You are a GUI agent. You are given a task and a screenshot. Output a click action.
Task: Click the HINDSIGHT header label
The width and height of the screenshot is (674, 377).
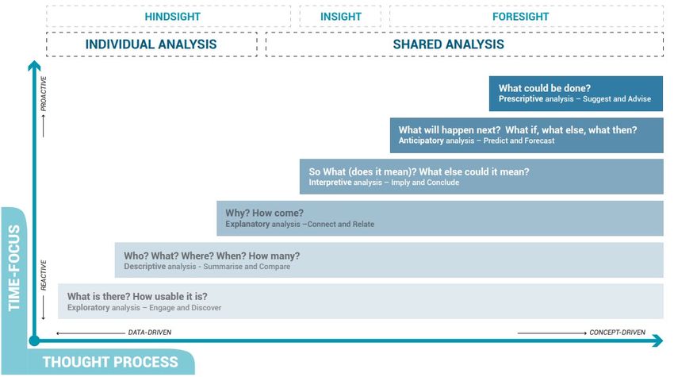pyautogui.click(x=172, y=17)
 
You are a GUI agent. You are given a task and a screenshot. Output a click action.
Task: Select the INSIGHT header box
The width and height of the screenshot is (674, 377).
pyautogui.click(x=340, y=17)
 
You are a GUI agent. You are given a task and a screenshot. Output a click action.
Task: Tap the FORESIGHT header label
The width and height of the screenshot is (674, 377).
pyautogui.click(x=520, y=17)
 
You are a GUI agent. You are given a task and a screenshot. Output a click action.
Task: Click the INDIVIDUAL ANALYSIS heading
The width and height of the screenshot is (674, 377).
pyautogui.click(x=151, y=44)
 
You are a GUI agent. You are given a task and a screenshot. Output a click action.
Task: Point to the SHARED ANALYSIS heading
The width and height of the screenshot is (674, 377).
pyautogui.click(x=448, y=44)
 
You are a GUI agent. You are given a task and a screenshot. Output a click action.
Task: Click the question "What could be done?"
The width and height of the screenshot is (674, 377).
pyautogui.click(x=545, y=88)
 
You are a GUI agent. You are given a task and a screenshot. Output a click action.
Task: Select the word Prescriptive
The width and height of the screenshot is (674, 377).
pyautogui.click(x=521, y=99)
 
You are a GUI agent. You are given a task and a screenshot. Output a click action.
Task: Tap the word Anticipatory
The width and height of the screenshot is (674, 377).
pyautogui.click(x=421, y=140)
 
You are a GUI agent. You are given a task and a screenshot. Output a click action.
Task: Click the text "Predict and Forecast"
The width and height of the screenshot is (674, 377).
pyautogui.click(x=519, y=140)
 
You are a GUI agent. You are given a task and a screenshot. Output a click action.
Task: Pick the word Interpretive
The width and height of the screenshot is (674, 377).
pyautogui.click(x=330, y=183)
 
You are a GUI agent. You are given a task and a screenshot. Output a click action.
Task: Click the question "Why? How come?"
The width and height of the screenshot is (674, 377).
pyautogui.click(x=264, y=213)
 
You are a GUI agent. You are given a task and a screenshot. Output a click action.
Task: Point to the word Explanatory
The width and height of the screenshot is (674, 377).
pyautogui.click(x=247, y=225)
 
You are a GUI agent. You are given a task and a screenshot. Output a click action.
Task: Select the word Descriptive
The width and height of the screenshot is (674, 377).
pyautogui.click(x=145, y=267)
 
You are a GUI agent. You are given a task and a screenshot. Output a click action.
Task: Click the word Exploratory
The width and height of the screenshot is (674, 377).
pyautogui.click(x=89, y=308)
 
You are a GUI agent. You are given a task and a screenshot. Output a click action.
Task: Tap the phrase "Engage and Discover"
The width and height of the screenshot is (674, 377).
pyautogui.click(x=186, y=308)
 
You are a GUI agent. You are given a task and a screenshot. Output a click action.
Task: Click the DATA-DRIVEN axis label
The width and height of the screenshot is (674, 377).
pyautogui.click(x=150, y=333)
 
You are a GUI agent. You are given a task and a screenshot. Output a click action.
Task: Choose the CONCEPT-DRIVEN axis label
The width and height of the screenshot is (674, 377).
pyautogui.click(x=617, y=333)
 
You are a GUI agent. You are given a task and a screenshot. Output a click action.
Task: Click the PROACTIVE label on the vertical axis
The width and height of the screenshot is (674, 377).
pyautogui.click(x=44, y=94)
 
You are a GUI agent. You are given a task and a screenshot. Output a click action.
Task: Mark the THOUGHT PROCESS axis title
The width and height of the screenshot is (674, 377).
pyautogui.click(x=110, y=362)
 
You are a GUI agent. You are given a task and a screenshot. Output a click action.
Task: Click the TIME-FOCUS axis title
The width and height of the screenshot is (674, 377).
pyautogui.click(x=14, y=267)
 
